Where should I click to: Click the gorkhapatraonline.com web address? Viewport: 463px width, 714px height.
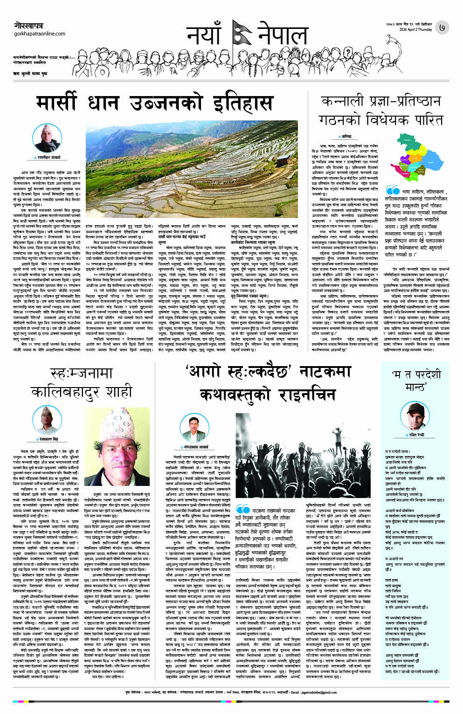coord(40,34)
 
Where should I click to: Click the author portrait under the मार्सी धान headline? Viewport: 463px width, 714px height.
coord(51,138)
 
